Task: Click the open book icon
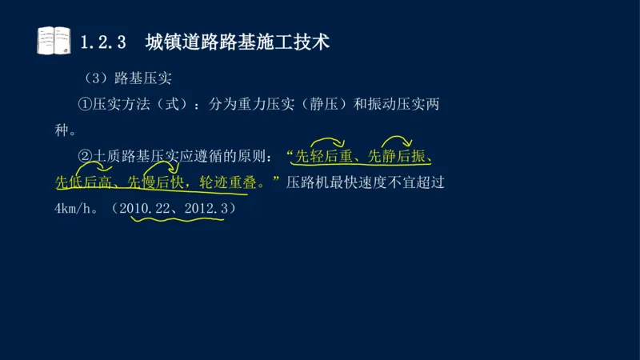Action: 54,41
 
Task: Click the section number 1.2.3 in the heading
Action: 104,42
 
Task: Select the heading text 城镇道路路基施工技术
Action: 237,42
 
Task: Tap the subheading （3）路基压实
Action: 128,79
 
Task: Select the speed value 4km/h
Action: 71,208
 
